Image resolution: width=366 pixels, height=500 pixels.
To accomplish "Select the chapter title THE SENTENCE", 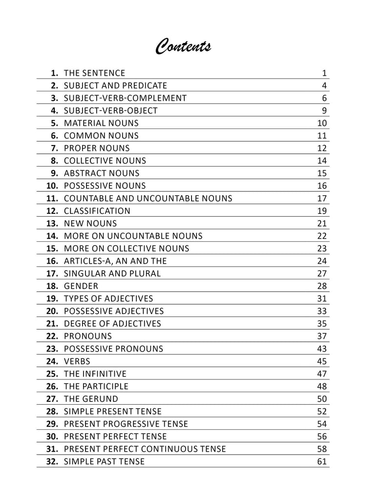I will click(x=94, y=73).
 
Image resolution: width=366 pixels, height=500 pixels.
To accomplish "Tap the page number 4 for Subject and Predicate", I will click(x=324, y=86).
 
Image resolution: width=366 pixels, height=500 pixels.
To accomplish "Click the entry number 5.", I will click(x=55, y=124).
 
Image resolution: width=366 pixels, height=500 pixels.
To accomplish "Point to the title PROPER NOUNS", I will click(x=97, y=148).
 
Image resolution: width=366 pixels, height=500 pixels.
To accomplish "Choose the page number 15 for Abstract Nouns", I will click(x=322, y=173).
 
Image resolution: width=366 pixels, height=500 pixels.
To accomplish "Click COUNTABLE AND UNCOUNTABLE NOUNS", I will click(x=148, y=199).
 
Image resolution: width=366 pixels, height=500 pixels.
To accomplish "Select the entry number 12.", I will click(x=52, y=211).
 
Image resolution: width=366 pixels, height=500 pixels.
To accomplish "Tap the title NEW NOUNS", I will click(x=90, y=224).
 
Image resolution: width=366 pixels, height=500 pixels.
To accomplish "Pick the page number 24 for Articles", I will click(x=322, y=261).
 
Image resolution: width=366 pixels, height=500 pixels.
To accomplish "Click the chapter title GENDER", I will click(x=81, y=286).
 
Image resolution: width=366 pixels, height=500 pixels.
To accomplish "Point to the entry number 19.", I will click(x=52, y=299).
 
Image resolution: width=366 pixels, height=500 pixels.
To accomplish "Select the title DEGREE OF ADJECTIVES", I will click(x=112, y=324).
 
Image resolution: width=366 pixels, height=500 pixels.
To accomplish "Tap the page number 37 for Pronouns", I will click(x=322, y=336).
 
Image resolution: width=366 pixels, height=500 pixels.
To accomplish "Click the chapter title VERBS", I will click(x=77, y=361).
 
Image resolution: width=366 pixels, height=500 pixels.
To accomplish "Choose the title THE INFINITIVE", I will click(x=95, y=374).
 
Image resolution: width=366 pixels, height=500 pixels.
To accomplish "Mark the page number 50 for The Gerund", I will click(x=322, y=399).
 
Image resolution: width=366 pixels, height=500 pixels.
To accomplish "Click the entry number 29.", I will click(x=52, y=424).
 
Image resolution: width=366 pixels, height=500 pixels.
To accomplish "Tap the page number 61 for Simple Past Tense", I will click(x=322, y=461).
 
